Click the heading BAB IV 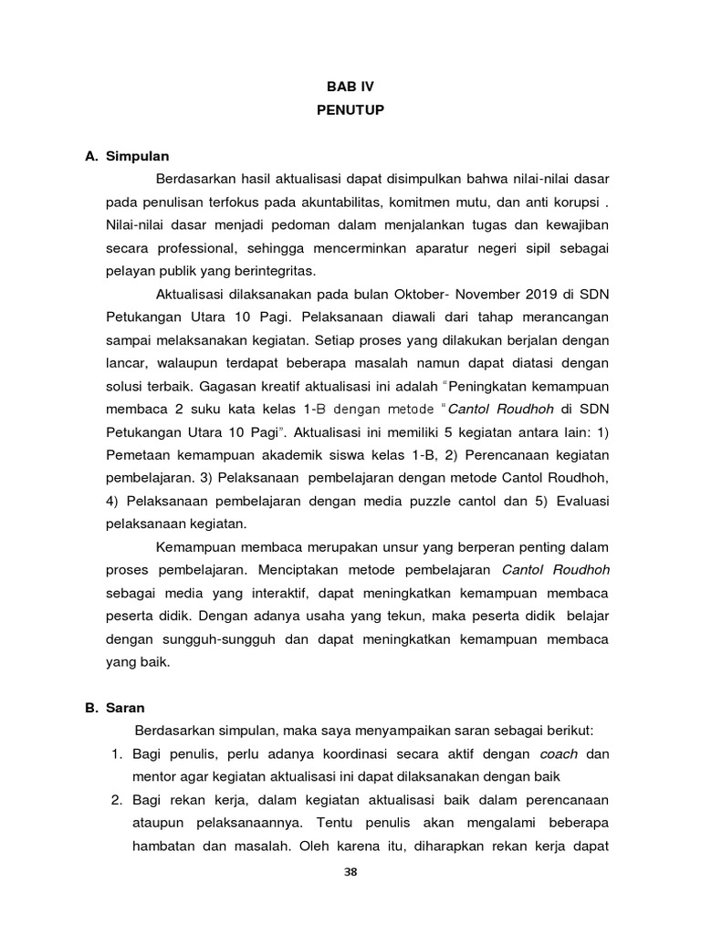pyautogui.click(x=350, y=87)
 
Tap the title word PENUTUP pyautogui.click(x=350, y=110)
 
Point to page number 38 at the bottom pyautogui.click(x=350, y=872)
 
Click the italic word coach pyautogui.click(x=559, y=753)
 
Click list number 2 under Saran pyautogui.click(x=116, y=801)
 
